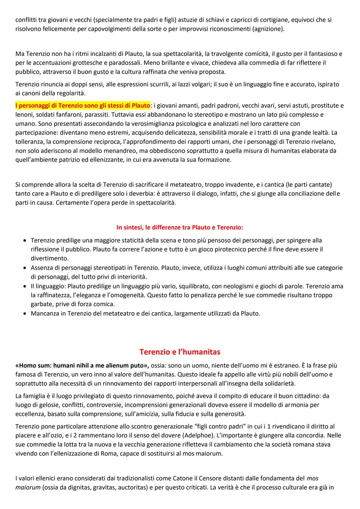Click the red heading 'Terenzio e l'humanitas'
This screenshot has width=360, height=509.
180,352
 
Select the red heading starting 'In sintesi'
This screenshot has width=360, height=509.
180,227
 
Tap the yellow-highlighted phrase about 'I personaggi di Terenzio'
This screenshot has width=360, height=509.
83,106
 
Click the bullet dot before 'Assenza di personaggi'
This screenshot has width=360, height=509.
25,268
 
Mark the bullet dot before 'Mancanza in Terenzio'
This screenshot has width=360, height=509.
25,314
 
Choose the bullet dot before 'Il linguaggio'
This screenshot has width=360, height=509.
25,286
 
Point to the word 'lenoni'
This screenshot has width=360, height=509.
25,115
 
